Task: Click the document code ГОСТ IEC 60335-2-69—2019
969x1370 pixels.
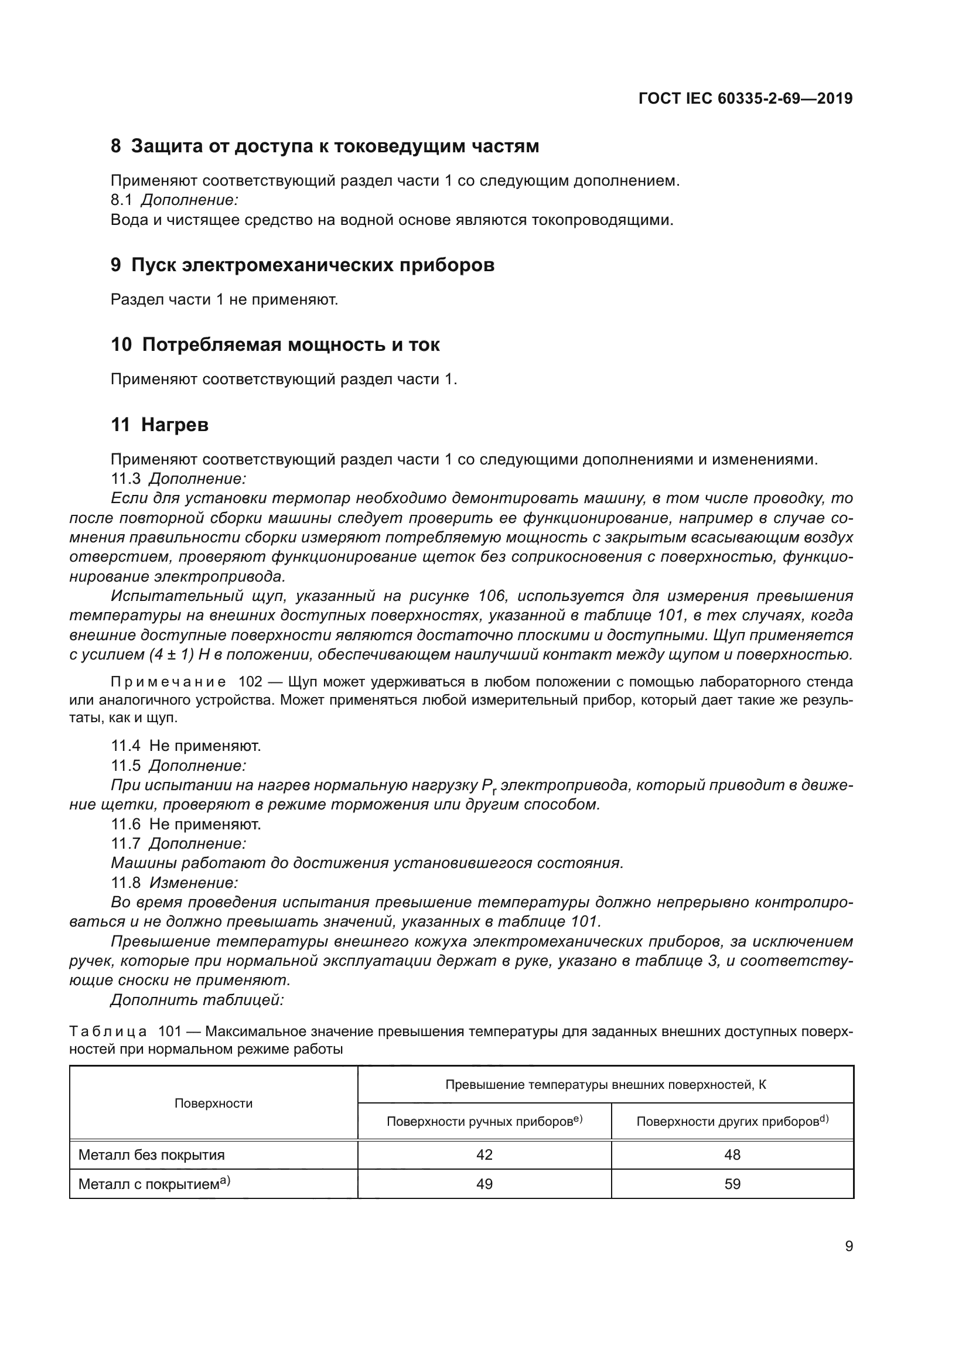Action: tap(745, 98)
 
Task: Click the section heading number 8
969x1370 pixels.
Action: tap(116, 146)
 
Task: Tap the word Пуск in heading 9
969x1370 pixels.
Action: tap(153, 265)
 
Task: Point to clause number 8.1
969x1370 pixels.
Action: tap(121, 200)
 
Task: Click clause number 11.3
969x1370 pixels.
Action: tap(126, 479)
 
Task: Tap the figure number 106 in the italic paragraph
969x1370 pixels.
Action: tap(492, 596)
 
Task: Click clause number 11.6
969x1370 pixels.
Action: tap(126, 825)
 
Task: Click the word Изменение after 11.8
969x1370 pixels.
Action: tap(193, 883)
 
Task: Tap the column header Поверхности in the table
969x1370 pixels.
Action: tap(213, 1103)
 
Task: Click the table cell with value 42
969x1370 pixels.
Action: tap(484, 1154)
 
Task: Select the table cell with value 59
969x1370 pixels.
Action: tap(732, 1184)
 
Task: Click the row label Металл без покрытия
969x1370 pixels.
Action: tap(152, 1154)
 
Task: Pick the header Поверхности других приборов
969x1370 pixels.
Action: tap(732, 1121)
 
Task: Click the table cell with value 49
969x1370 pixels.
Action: tap(484, 1184)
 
